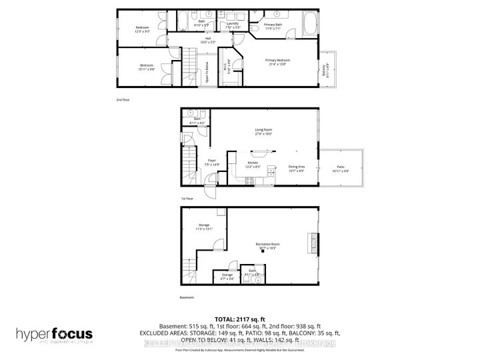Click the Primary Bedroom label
[279, 61]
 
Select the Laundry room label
[233, 25]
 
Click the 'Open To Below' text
[207, 70]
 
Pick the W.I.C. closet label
[227, 67]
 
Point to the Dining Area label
[296, 171]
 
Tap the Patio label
[341, 171]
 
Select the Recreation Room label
[267, 246]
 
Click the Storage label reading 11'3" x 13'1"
[203, 227]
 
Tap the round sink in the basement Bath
[259, 281]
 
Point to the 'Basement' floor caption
[187, 297]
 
